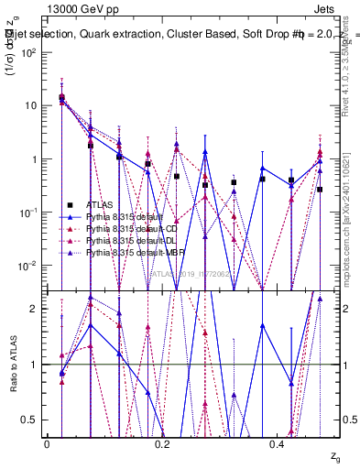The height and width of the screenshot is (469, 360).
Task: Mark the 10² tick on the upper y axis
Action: (x=30, y=52)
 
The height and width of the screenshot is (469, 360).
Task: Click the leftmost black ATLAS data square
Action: (x=61, y=97)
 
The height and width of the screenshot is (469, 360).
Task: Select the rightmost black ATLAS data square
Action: (x=320, y=190)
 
